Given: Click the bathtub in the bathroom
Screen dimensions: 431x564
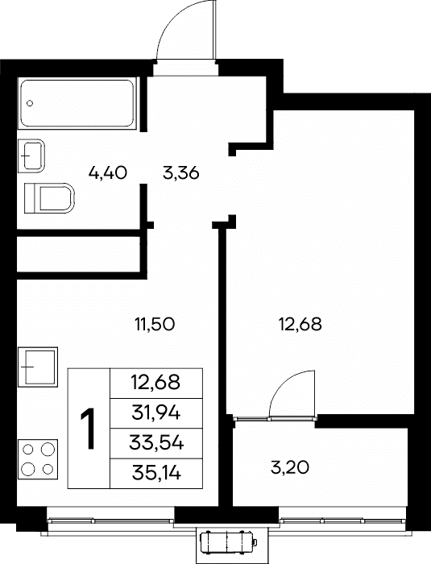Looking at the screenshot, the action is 77,103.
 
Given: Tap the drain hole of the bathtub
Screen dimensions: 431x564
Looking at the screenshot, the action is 31,104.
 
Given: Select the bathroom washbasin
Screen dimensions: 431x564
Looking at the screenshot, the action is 31,156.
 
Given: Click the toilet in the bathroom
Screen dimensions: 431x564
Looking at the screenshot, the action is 49,198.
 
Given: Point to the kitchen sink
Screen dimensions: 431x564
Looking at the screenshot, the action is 38,367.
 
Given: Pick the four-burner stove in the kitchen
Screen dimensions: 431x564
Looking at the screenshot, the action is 38,459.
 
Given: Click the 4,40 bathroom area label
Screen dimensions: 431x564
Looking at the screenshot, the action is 108,173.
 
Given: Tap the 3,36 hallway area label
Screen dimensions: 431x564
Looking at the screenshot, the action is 181,174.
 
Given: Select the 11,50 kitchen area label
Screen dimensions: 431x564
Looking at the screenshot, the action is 155,325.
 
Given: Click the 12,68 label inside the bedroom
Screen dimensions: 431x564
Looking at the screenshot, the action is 300,325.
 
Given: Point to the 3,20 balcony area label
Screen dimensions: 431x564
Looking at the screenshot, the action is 289,468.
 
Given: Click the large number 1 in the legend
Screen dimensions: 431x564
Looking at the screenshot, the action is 88,429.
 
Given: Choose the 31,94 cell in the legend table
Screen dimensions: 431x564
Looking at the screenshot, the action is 155,413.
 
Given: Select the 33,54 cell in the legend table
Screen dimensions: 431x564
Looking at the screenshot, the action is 155,443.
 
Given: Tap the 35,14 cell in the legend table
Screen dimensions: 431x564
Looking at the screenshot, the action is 155,474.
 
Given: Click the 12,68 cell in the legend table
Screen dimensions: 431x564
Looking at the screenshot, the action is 155,383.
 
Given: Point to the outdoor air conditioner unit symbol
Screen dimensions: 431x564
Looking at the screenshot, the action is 228,541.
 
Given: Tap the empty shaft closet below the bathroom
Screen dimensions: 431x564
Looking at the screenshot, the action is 78,255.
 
